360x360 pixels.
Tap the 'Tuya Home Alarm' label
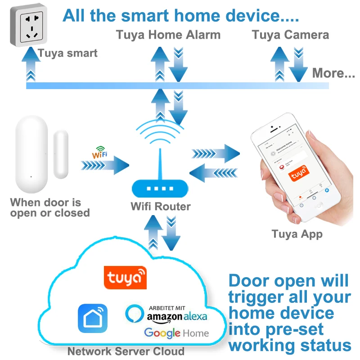click(168, 35)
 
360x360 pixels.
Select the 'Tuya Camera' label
click(290, 35)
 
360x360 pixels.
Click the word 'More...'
click(333, 73)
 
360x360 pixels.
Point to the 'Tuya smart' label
click(68, 53)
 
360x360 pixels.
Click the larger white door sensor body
click(31, 155)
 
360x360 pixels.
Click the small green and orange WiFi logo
click(100, 153)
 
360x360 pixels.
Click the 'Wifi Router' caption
click(161, 207)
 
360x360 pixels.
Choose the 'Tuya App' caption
click(297, 234)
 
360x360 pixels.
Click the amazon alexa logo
click(171, 314)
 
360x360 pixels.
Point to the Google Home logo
click(176, 333)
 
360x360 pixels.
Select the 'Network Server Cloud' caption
click(126, 351)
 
